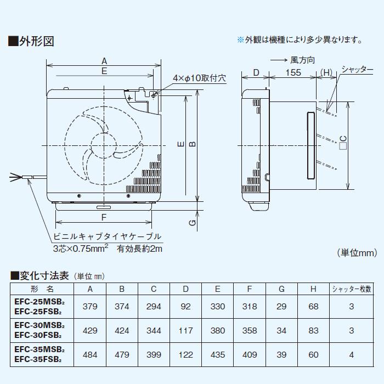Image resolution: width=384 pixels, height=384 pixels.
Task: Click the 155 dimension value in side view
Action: pyautogui.click(x=293, y=73)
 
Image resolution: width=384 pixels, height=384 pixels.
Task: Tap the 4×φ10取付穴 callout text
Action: pyautogui.click(x=199, y=78)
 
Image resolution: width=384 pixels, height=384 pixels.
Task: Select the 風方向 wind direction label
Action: pyautogui.click(x=302, y=59)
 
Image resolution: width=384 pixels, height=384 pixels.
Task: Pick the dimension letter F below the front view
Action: pyautogui.click(x=104, y=217)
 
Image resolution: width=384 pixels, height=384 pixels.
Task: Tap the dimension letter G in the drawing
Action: pyautogui.click(x=191, y=222)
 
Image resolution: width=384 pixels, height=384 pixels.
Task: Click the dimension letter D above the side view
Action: pyautogui.click(x=256, y=73)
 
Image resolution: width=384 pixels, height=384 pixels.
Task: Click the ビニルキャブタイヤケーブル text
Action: pyautogui.click(x=107, y=236)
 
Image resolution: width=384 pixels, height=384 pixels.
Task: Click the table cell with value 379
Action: pyautogui.click(x=90, y=306)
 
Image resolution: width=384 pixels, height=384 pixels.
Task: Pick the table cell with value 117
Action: pyautogui.click(x=186, y=330)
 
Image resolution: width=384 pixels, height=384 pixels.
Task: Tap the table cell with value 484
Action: pyautogui.click(x=90, y=354)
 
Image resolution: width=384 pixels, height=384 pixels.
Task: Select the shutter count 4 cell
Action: pyautogui.click(x=351, y=354)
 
